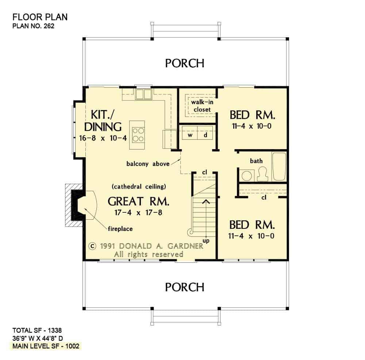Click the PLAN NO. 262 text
pos(33,26)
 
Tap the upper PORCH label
pos(185,63)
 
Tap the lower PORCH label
pos(185,287)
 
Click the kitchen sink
pos(144,94)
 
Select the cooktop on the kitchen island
pos(138,135)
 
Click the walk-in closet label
pos(202,106)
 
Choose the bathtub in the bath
pos(279,166)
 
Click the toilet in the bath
pos(262,174)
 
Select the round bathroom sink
pos(247,175)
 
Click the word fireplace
pos(120,229)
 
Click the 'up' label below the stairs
pos(206,240)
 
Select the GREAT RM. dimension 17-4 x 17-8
pos(138,213)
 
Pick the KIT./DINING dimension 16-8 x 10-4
pos(103,138)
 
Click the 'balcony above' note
pos(148,164)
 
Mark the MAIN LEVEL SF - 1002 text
pos(46,346)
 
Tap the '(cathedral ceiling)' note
pos(139,186)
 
